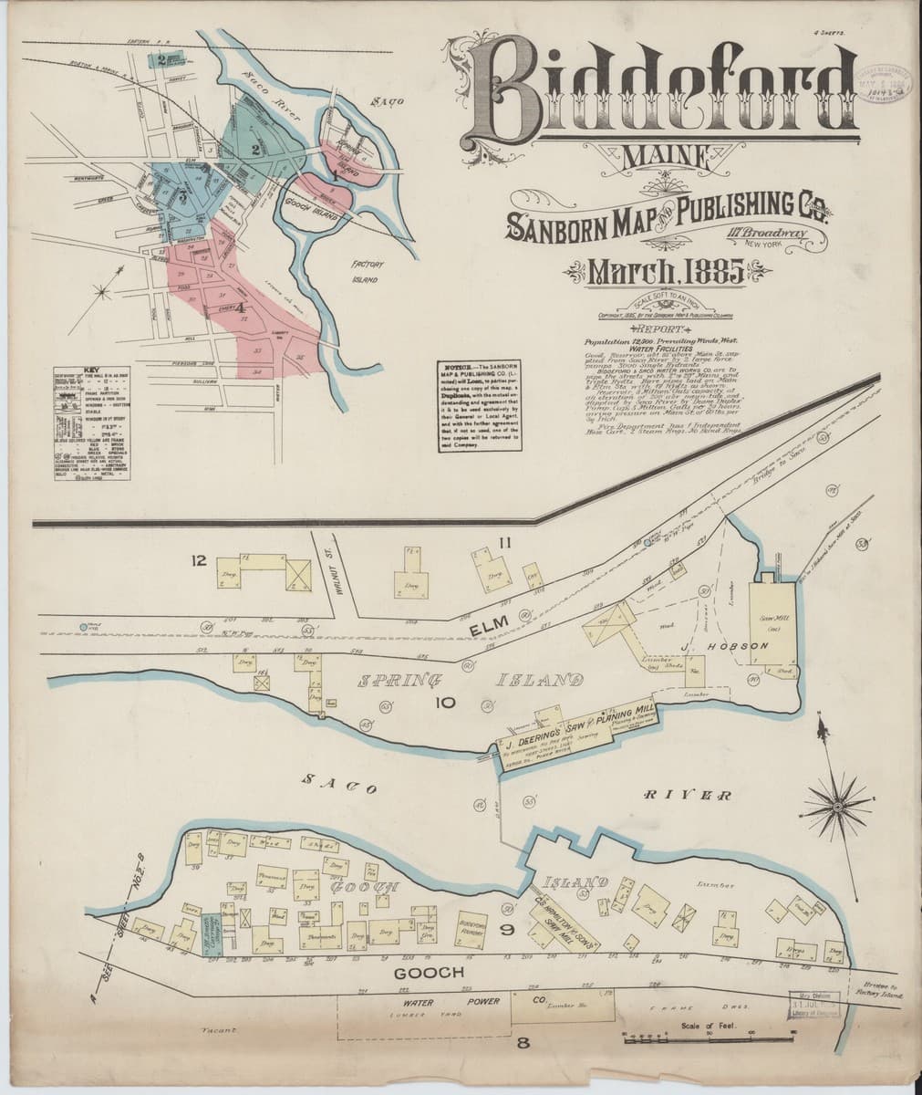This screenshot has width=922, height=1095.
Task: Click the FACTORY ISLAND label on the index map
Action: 371,271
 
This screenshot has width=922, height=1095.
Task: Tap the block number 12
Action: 198,559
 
